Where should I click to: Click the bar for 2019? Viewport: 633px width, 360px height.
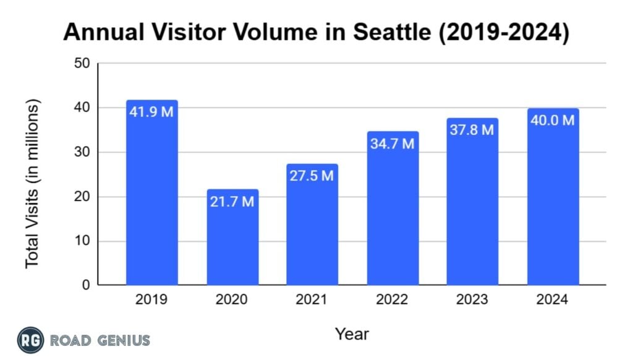pyautogui.click(x=151, y=198)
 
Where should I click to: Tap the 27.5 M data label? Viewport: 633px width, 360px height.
pyautogui.click(x=312, y=176)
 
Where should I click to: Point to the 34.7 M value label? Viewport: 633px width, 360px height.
pyautogui.click(x=393, y=144)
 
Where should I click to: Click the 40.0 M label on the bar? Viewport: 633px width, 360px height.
pyautogui.click(x=553, y=119)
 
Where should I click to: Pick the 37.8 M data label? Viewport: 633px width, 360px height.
pyautogui.click(x=472, y=130)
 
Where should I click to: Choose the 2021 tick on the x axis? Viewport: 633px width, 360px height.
pyautogui.click(x=312, y=299)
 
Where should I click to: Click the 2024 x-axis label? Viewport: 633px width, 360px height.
pyautogui.click(x=553, y=299)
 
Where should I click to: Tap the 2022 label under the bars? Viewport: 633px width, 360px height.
pyautogui.click(x=393, y=299)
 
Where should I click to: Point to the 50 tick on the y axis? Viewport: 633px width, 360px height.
pyautogui.click(x=82, y=63)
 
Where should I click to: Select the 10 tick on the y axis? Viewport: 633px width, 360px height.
pyautogui.click(x=82, y=241)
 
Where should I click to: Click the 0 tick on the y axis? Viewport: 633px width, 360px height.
pyautogui.click(x=86, y=285)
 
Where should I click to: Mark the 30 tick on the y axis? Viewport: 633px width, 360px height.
pyautogui.click(x=82, y=152)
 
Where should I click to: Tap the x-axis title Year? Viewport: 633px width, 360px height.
pyautogui.click(x=352, y=334)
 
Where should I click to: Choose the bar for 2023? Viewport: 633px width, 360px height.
pyautogui.click(x=472, y=204)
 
